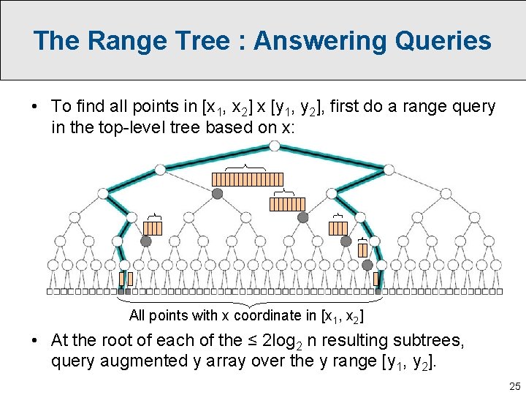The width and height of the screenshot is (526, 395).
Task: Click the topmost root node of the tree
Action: click(x=274, y=146)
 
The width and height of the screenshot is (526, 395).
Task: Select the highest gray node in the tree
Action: click(x=217, y=194)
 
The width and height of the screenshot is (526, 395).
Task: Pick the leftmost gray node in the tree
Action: click(x=146, y=241)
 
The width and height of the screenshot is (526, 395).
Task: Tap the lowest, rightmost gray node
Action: click(x=367, y=265)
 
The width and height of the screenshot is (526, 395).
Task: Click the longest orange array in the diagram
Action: click(x=247, y=179)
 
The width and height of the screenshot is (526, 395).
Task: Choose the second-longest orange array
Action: click(x=288, y=204)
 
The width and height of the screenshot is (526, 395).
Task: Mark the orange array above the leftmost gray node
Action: click(x=153, y=228)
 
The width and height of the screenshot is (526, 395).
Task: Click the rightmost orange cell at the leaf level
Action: click(x=377, y=279)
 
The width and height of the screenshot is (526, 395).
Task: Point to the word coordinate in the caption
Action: click(x=274, y=316)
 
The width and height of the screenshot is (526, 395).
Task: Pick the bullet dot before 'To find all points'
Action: click(x=35, y=107)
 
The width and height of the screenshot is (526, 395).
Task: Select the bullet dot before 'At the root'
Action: click(x=35, y=341)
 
